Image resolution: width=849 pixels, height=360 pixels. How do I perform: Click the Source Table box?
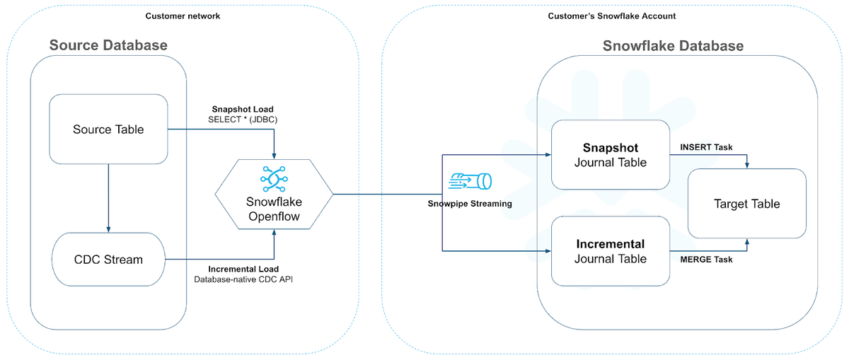tap(108, 129)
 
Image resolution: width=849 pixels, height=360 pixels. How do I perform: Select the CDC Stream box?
tap(108, 260)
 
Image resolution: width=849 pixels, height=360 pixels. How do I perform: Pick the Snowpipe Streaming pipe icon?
tap(470, 182)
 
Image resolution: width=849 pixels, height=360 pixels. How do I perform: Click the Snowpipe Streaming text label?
tap(470, 204)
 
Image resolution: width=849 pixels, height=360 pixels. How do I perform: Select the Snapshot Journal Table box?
tap(610, 156)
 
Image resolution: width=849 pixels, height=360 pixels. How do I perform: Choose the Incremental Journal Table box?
tap(610, 251)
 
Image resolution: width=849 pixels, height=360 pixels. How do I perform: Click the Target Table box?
tap(746, 204)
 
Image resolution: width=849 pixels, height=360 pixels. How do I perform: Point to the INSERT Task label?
tap(707, 147)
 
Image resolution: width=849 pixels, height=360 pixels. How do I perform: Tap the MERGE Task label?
tap(706, 260)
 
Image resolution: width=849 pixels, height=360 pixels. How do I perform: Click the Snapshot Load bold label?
tap(243, 110)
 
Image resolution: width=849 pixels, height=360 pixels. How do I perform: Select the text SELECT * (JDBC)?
tap(243, 120)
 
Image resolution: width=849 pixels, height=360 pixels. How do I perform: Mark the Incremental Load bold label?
tap(243, 269)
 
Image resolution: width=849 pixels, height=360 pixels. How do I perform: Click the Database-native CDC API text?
tap(243, 279)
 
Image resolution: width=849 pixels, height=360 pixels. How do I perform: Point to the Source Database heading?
tap(108, 46)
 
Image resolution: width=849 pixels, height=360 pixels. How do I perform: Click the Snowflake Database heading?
tap(673, 46)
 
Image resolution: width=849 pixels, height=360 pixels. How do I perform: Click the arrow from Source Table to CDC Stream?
tap(108, 198)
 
